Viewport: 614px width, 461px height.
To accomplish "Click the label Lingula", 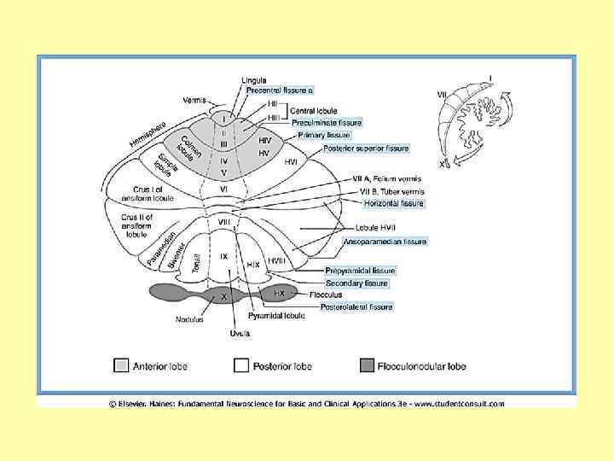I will pyautogui.click(x=253, y=79).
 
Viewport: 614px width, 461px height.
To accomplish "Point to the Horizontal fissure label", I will pyautogui.click(x=393, y=203).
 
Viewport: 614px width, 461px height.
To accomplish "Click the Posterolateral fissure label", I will pyautogui.click(x=356, y=306).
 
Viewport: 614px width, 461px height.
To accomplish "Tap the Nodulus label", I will pyautogui.click(x=189, y=320).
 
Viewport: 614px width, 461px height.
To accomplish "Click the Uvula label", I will pyautogui.click(x=240, y=334).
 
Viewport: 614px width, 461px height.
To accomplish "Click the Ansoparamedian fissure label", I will pyautogui.click(x=384, y=242).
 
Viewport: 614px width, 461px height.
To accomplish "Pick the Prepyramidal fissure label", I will pyautogui.click(x=360, y=271).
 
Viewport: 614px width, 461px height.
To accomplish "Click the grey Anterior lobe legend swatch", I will pyautogui.click(x=122, y=366).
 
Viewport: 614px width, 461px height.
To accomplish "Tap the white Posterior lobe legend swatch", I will pyautogui.click(x=241, y=366).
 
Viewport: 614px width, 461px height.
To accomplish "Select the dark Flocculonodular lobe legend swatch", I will pyautogui.click(x=367, y=366).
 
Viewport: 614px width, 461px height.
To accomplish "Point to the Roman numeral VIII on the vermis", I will pyautogui.click(x=224, y=224).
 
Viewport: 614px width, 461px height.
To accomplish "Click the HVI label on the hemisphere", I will pyautogui.click(x=291, y=161).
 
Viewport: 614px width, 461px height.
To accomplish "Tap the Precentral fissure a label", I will pyautogui.click(x=280, y=90).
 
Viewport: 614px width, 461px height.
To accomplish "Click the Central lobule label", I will pyautogui.click(x=313, y=111).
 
